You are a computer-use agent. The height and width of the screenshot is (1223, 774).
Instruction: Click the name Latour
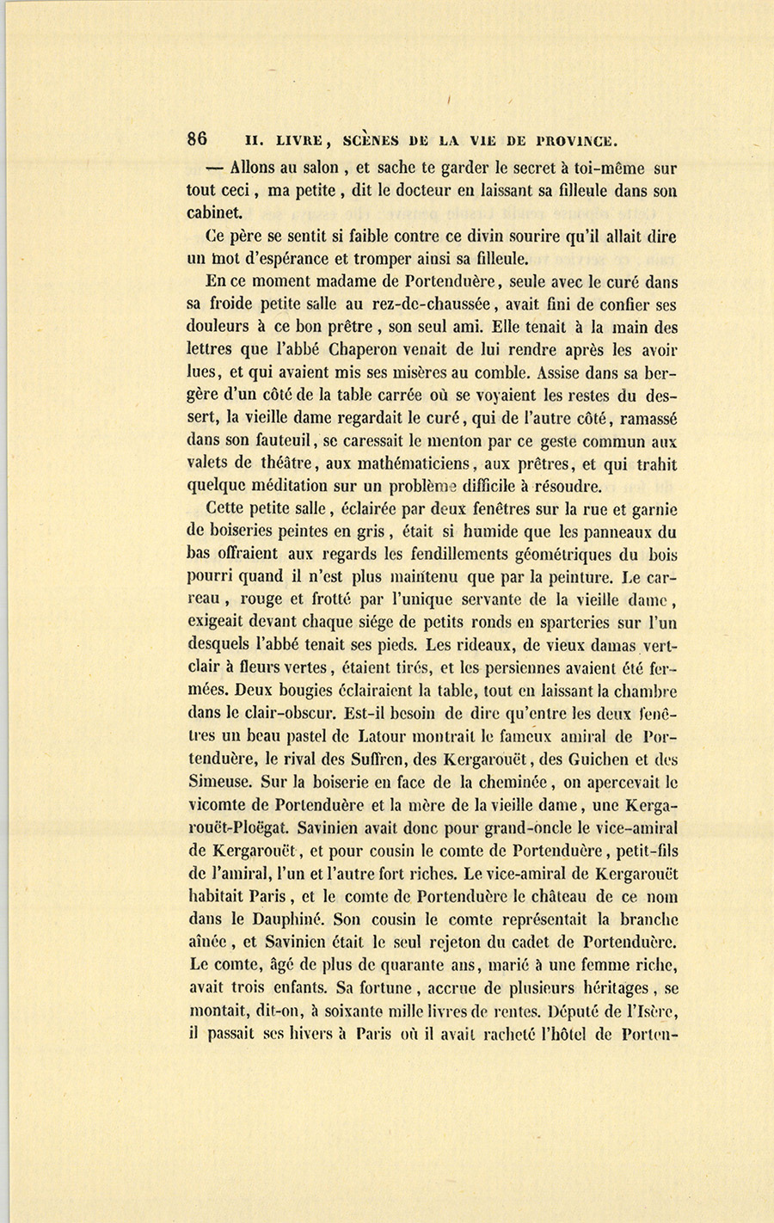[374, 736]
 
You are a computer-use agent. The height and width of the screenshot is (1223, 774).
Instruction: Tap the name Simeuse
[218, 782]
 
